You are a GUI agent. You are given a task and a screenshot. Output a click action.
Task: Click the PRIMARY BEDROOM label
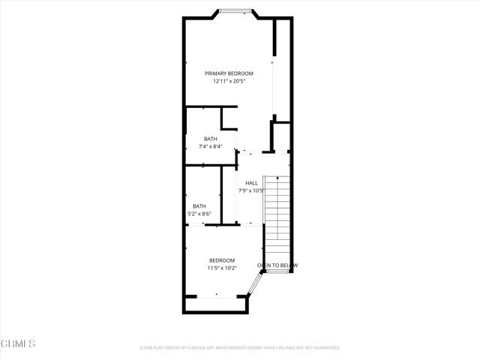[229, 73]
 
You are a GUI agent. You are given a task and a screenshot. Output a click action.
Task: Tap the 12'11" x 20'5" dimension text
[229, 81]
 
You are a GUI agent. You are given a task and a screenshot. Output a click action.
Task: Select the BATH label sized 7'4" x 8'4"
[210, 139]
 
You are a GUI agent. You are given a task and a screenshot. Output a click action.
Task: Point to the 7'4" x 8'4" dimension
[210, 146]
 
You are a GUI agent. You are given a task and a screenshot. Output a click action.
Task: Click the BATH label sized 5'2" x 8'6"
[199, 206]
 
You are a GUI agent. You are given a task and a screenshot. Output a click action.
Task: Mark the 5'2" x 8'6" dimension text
[199, 214]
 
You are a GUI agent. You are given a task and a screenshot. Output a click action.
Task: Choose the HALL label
[251, 183]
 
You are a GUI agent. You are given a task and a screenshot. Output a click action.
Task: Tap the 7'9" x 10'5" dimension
[251, 190]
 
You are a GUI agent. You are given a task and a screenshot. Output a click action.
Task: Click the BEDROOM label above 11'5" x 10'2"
[222, 260]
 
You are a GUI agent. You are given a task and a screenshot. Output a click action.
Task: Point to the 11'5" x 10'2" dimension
[222, 268]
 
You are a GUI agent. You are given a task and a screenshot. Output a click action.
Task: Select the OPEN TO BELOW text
[277, 265]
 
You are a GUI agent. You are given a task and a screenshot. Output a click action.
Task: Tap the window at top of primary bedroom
[235, 10]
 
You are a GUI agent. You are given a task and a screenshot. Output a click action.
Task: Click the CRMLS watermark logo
[19, 343]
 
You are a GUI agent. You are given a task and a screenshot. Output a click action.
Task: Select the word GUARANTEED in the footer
[324, 348]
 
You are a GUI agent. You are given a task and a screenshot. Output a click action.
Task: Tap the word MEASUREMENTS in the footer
[247, 348]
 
